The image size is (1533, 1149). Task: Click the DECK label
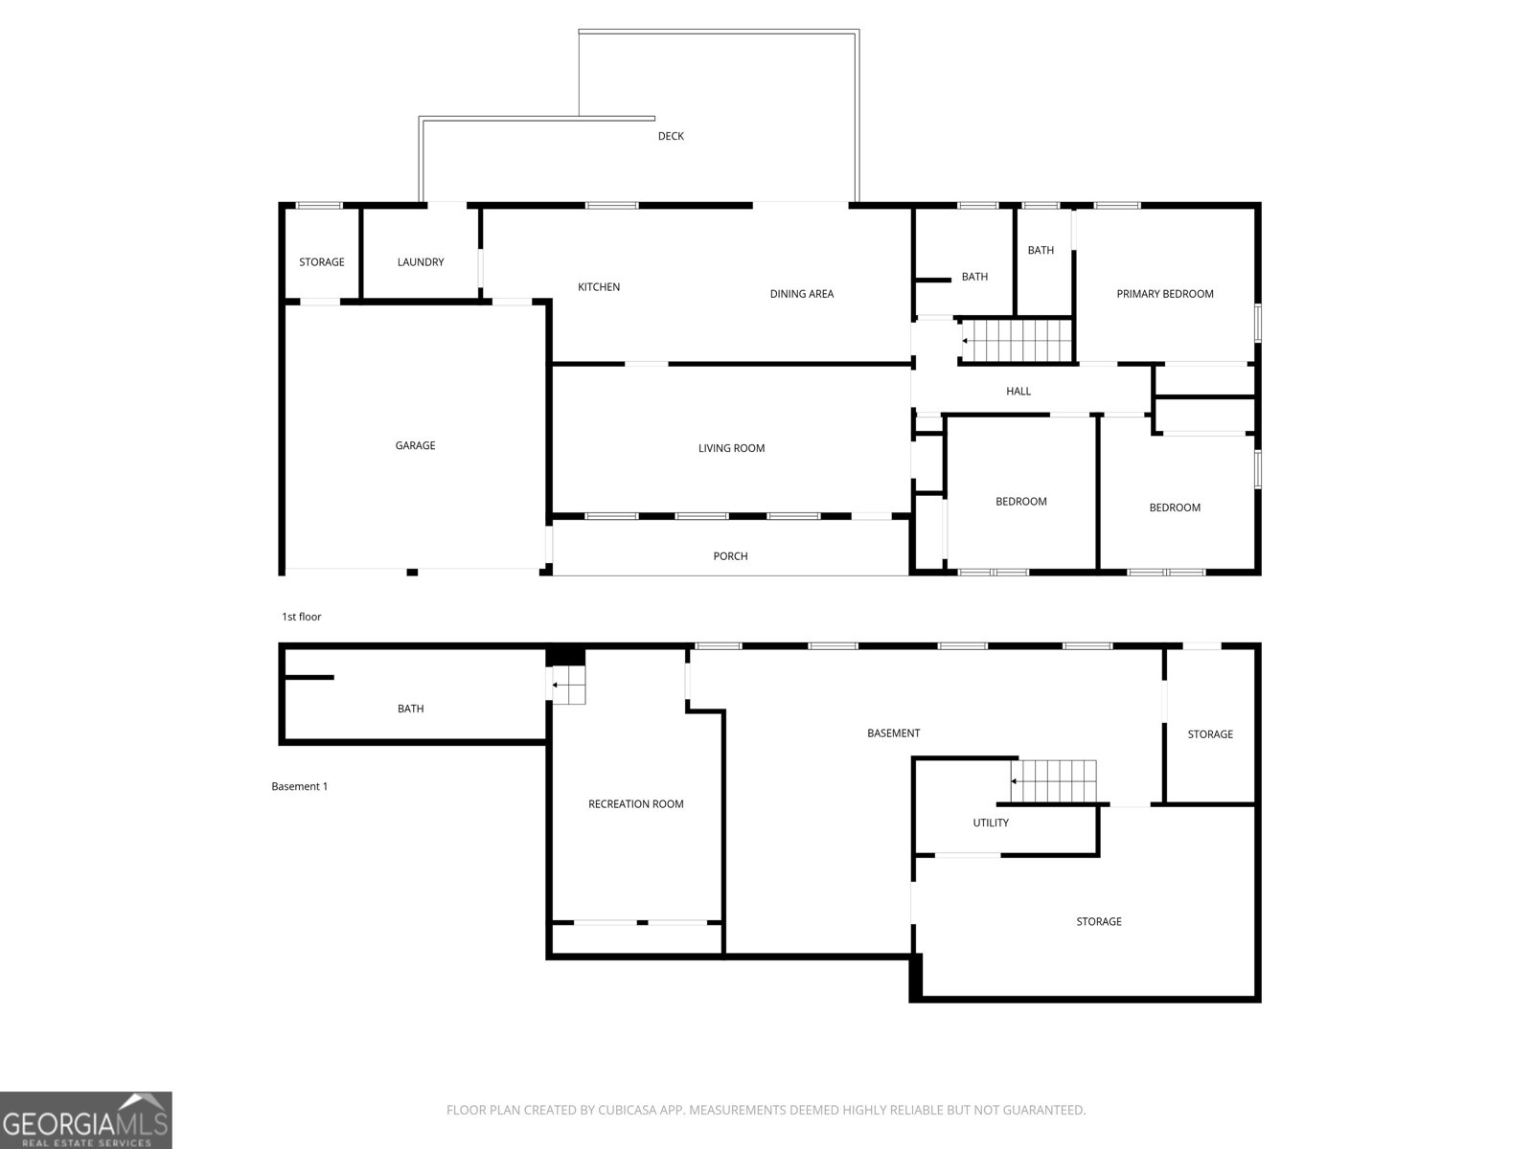(671, 136)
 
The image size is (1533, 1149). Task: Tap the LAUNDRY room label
(421, 262)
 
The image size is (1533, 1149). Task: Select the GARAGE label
(415, 445)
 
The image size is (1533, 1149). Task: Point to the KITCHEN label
(599, 287)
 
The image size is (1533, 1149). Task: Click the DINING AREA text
(802, 294)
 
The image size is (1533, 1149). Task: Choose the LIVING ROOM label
(731, 448)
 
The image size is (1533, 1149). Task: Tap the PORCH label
(730, 556)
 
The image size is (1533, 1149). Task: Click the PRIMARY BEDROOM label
(1165, 294)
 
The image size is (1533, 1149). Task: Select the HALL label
(1018, 392)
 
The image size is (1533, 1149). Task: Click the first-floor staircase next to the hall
(1017, 340)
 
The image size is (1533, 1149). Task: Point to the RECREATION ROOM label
(636, 804)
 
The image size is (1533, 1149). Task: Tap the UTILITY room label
(991, 823)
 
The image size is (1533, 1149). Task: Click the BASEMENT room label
(893, 733)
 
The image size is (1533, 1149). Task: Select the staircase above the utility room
(1054, 781)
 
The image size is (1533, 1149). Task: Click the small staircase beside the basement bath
(567, 686)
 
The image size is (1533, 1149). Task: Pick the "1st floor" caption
(302, 617)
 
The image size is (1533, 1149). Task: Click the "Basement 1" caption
(300, 787)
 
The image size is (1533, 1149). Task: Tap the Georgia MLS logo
(86, 1119)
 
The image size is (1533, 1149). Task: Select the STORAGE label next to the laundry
(322, 262)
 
